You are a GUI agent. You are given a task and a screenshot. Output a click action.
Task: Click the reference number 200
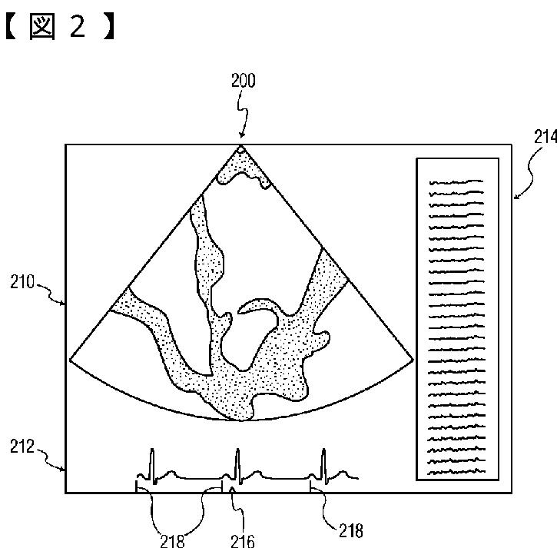tap(244, 80)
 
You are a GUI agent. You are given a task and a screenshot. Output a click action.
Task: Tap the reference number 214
tap(545, 137)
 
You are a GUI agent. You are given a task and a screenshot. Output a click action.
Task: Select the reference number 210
tap(22, 282)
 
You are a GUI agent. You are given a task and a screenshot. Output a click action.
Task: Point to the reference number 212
tap(22, 447)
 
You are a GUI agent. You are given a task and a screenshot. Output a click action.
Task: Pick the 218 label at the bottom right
tap(351, 531)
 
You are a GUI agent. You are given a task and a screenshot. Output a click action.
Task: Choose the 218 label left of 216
tap(172, 541)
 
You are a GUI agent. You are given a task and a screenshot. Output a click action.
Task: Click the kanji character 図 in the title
tap(42, 27)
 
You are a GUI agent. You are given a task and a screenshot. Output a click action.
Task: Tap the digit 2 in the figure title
tap(78, 26)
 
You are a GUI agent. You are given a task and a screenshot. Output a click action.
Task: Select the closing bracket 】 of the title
tap(108, 26)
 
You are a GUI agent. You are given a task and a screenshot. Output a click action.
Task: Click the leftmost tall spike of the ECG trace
tap(152, 466)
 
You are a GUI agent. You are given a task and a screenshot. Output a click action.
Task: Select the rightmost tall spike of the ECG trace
tap(323, 466)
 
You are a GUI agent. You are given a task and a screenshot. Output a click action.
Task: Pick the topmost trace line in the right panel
tap(456, 183)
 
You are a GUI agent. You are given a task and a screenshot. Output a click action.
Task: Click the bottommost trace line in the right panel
tap(456, 472)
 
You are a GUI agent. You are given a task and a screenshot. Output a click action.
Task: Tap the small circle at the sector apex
tap(240, 151)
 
